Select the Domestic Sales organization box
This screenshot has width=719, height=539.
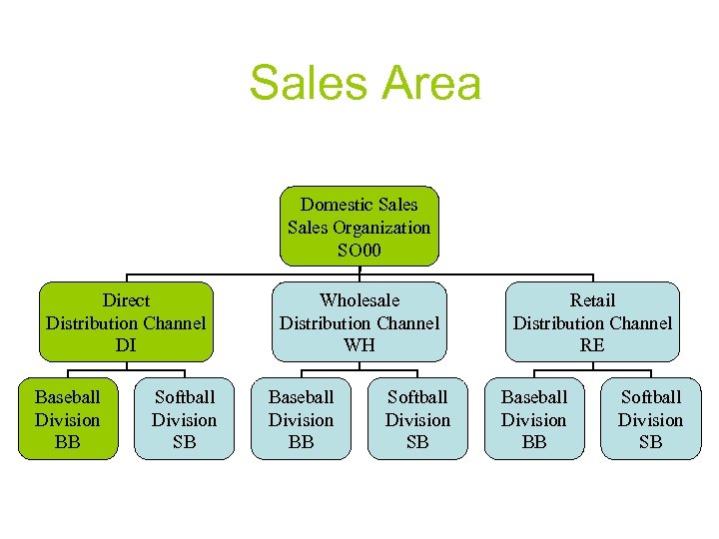[x=359, y=226]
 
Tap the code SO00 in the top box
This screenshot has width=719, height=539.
[x=359, y=249]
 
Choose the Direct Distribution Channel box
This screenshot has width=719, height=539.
[x=126, y=321]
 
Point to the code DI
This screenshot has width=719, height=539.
[x=126, y=345]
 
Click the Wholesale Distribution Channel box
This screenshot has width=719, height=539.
[x=359, y=321]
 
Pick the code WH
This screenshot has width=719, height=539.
[x=359, y=345]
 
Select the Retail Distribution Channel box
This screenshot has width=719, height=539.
[x=592, y=321]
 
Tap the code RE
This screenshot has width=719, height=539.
[x=592, y=345]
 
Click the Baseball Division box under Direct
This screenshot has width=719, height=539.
[x=68, y=419]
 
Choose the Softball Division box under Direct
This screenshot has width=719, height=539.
[x=184, y=419]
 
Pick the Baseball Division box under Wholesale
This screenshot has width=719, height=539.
[x=301, y=419]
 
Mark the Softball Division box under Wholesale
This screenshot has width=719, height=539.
[x=417, y=419]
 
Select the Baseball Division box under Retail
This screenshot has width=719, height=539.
[x=534, y=419]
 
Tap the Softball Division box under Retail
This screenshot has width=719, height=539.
[x=650, y=419]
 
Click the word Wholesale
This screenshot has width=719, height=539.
[x=359, y=300]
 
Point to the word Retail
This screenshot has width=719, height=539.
[x=592, y=300]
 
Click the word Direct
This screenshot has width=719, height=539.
[x=126, y=300]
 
